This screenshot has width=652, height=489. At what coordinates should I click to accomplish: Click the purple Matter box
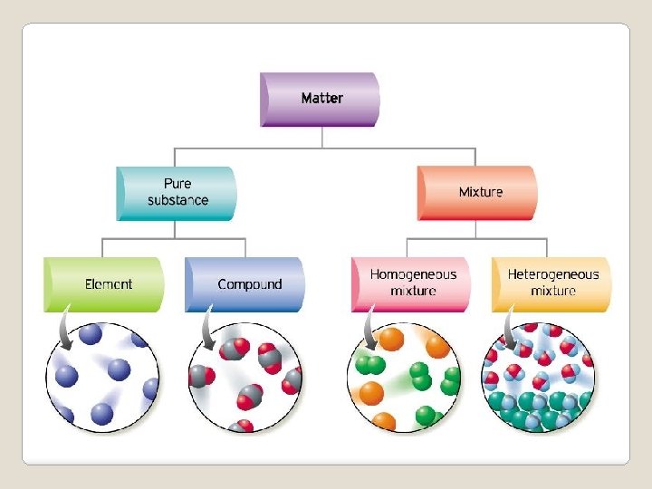pos(321,98)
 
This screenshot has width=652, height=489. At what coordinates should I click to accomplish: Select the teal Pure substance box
pos(177,193)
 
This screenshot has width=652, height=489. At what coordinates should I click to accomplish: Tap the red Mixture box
pos(477,192)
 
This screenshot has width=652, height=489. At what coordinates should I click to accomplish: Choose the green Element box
pos(105,284)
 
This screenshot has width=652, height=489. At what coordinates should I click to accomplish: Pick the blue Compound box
pos(245,284)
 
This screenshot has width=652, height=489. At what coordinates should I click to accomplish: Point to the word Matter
pos(321,98)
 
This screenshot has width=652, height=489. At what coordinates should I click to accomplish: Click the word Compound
pos(250,284)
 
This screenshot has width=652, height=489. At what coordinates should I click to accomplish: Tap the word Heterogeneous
pos(553,274)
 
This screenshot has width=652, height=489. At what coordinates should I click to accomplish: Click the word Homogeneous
pos(414,274)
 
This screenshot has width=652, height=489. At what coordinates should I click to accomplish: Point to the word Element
pos(109,284)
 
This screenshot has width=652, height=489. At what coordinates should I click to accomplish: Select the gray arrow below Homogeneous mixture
pos(369,328)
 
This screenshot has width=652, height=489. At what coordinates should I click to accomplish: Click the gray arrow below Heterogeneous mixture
pos(510,328)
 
